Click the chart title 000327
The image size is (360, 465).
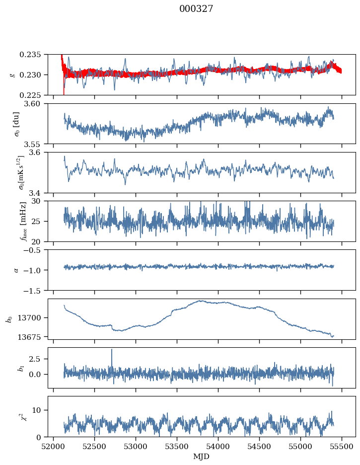click(196, 9)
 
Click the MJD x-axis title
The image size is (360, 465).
click(202, 457)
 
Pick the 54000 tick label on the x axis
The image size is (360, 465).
click(218, 447)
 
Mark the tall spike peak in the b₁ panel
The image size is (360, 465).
click(112, 349)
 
